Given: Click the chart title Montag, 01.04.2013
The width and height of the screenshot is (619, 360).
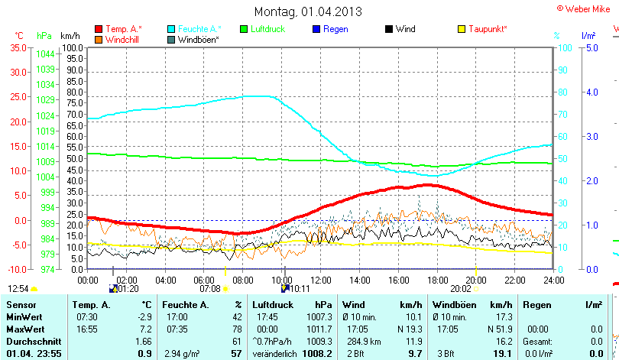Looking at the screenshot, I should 308,11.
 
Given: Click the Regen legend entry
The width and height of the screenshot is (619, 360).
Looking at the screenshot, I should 335,29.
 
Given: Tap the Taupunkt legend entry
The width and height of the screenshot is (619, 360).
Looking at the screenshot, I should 488,29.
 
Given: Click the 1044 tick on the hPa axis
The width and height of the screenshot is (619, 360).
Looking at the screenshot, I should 45,54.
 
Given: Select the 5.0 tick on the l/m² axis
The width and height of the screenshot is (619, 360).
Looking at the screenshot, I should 591,47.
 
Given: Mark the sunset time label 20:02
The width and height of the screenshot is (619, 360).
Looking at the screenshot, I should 460,289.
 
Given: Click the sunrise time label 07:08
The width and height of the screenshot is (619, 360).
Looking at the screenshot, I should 209,289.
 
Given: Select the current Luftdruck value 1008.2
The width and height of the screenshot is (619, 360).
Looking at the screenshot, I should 318,354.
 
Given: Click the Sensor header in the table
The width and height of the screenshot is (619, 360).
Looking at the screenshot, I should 21,305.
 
